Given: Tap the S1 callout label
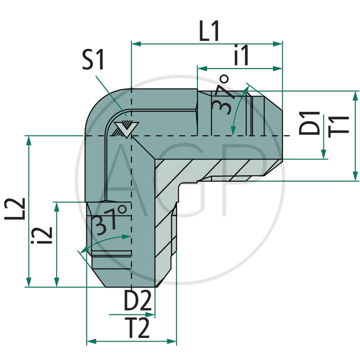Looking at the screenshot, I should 93,61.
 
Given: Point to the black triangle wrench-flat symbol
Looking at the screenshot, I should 124,130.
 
